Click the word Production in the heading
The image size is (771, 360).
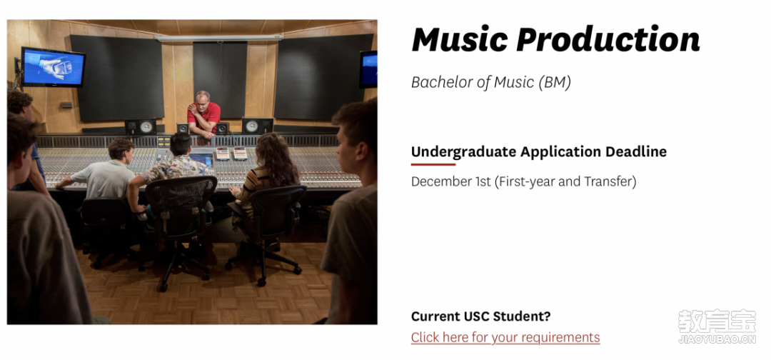tap(608, 39)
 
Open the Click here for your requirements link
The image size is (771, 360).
tap(505, 337)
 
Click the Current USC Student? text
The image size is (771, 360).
tap(481, 316)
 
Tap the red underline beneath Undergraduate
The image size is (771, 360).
tap(433, 164)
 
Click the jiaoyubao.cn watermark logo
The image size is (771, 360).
tap(717, 326)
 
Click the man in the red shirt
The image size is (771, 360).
tap(203, 114)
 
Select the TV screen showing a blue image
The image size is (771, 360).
tap(53, 67)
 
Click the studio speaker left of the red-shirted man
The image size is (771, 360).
tap(141, 127)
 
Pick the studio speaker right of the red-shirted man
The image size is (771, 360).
tap(257, 126)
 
